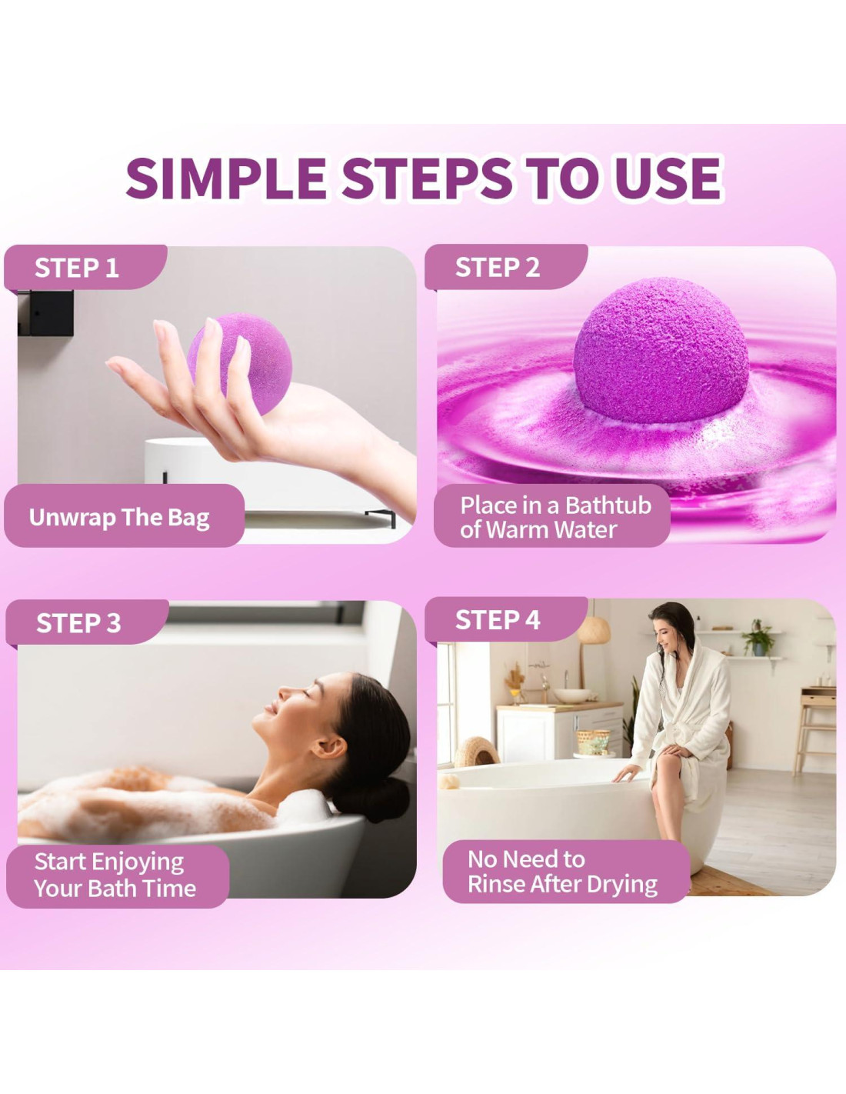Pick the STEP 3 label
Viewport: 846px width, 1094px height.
coord(78,622)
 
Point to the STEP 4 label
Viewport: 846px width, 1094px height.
coord(498,620)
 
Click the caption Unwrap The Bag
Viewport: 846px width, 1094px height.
coord(119,517)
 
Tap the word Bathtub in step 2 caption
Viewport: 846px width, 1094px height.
coord(608,505)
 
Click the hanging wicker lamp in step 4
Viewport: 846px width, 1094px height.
coord(594,630)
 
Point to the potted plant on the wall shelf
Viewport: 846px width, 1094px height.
coord(758,638)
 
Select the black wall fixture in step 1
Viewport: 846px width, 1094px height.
coord(46,312)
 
